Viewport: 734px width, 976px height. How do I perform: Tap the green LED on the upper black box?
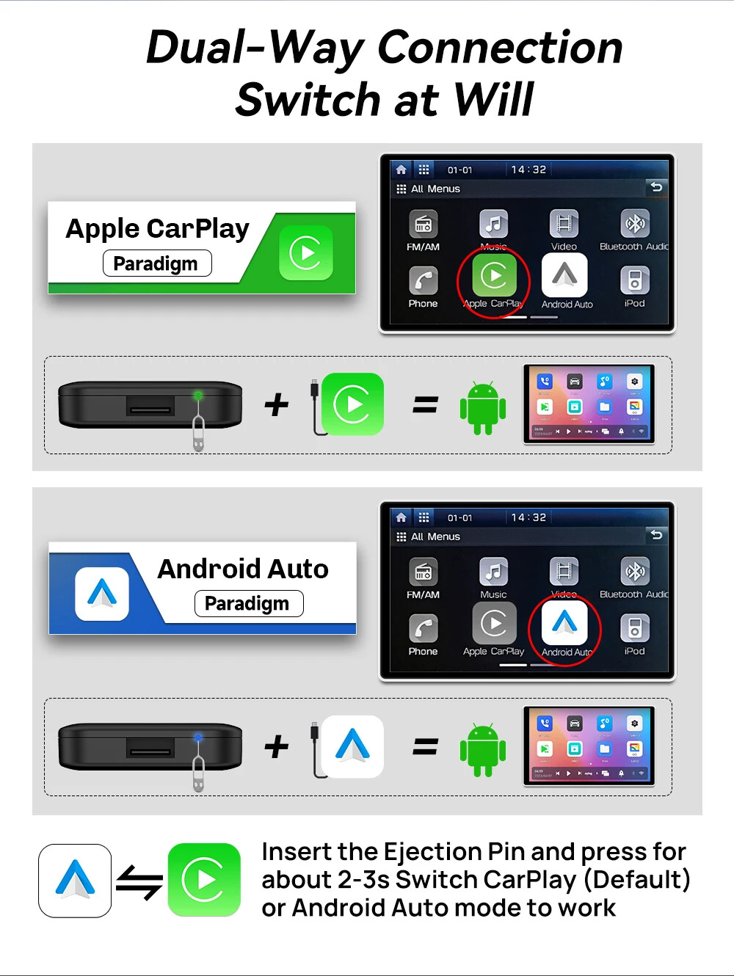coord(197,396)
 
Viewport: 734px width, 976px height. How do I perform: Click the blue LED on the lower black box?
coord(197,738)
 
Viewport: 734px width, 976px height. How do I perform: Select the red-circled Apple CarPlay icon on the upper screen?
coord(493,277)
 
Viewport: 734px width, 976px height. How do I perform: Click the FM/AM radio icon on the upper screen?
coord(423,225)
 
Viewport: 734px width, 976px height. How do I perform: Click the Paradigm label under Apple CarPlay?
coord(156,263)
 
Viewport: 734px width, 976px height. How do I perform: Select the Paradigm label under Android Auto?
coord(248,603)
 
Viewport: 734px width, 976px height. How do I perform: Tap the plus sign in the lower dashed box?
coord(276,747)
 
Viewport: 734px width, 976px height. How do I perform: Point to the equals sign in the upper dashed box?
coord(425,404)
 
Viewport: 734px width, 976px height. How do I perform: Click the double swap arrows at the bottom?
coord(139,881)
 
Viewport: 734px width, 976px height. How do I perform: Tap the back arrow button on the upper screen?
coord(656,187)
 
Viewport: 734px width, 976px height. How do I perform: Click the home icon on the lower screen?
coord(401,517)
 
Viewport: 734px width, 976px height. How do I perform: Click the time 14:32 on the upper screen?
coord(528,170)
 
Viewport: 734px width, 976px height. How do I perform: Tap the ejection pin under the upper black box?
coord(198,433)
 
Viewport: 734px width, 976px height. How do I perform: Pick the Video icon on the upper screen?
coord(564,225)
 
